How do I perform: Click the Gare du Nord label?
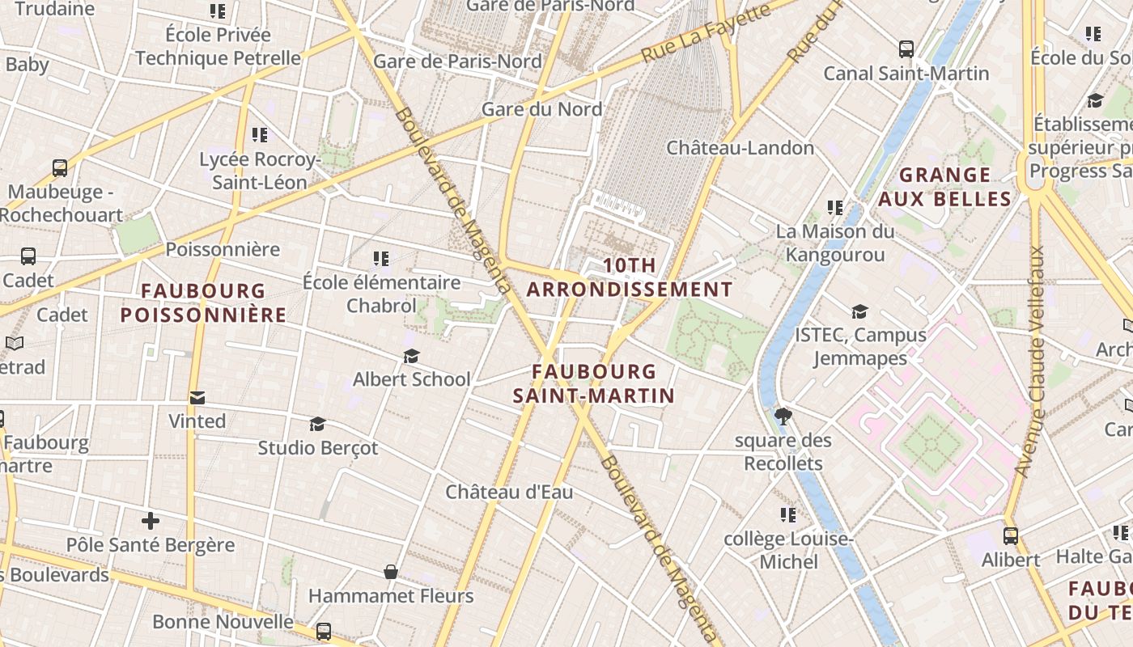click(x=541, y=109)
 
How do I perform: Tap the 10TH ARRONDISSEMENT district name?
click(x=630, y=277)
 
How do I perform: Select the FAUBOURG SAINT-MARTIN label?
click(x=593, y=383)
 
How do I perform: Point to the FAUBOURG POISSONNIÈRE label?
click(x=203, y=302)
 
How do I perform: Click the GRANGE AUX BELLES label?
click(x=945, y=187)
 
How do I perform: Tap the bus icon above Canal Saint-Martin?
click(x=906, y=49)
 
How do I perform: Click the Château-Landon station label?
click(x=740, y=148)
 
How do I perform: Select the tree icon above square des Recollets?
click(x=783, y=417)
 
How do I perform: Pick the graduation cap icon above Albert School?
click(x=411, y=356)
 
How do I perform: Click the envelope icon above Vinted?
click(x=197, y=398)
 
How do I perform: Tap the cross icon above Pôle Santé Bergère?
click(x=151, y=521)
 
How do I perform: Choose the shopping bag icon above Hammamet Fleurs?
click(x=391, y=573)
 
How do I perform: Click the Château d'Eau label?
click(x=509, y=492)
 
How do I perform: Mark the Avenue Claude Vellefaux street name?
click(x=1030, y=362)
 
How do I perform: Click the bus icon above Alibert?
click(x=1010, y=535)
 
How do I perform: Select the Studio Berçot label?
click(x=317, y=448)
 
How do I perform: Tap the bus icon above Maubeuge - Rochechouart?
click(x=60, y=168)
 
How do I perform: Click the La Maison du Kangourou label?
click(x=835, y=243)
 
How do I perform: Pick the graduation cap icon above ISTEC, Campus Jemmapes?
click(x=859, y=311)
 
